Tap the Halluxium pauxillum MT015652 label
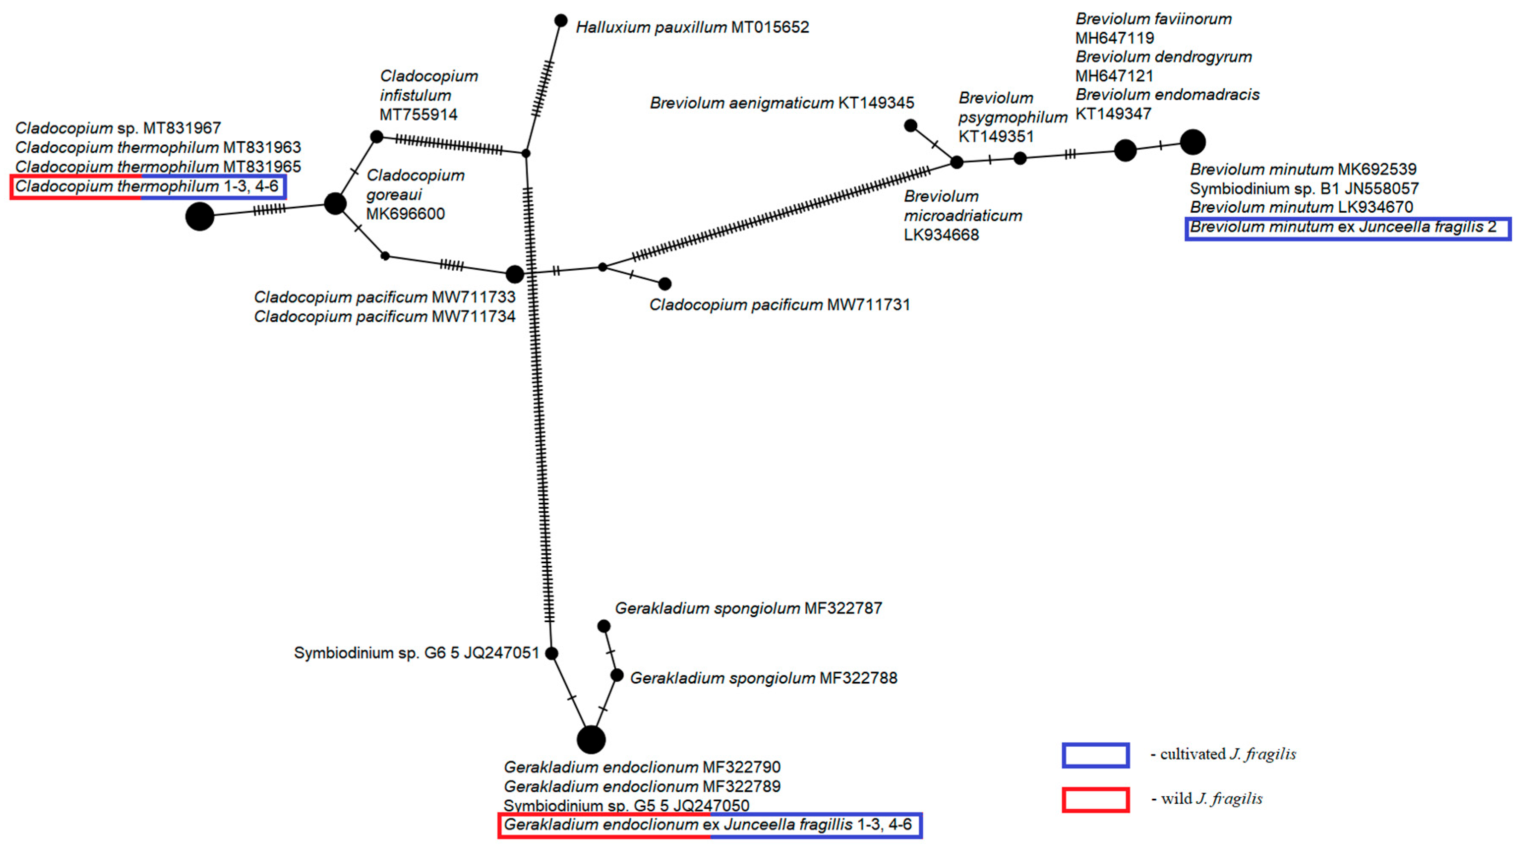coord(692,27)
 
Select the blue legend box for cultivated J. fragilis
coord(1096,755)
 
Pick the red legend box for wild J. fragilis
coord(1096,800)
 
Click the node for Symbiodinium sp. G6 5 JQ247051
coord(552,653)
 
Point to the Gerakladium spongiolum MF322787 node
coord(604,626)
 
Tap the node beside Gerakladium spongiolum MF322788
coord(616,675)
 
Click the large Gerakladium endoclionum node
coord(591,739)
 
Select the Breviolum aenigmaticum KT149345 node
coord(910,125)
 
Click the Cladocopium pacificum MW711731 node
coord(665,284)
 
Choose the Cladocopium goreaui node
coord(335,204)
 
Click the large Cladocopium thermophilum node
coord(200,216)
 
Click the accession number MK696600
coord(405,214)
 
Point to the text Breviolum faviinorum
coord(1153,19)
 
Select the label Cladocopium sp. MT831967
coord(118,128)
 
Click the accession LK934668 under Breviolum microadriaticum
coord(941,235)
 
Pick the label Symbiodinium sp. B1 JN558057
coord(1304,188)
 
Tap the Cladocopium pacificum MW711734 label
coord(384,317)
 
